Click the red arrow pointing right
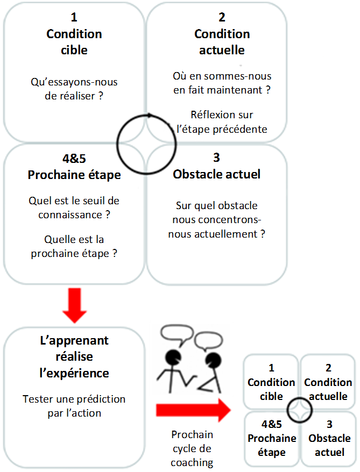192,412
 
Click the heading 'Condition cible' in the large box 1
74,42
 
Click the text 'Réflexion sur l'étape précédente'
222,121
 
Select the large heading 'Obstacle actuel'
216,175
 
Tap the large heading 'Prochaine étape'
74,175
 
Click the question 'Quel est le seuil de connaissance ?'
74,207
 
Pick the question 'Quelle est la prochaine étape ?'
74,246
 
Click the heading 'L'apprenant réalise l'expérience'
74,356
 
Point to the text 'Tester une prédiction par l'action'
74,406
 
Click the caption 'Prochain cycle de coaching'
192,448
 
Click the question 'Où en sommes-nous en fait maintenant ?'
222,83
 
